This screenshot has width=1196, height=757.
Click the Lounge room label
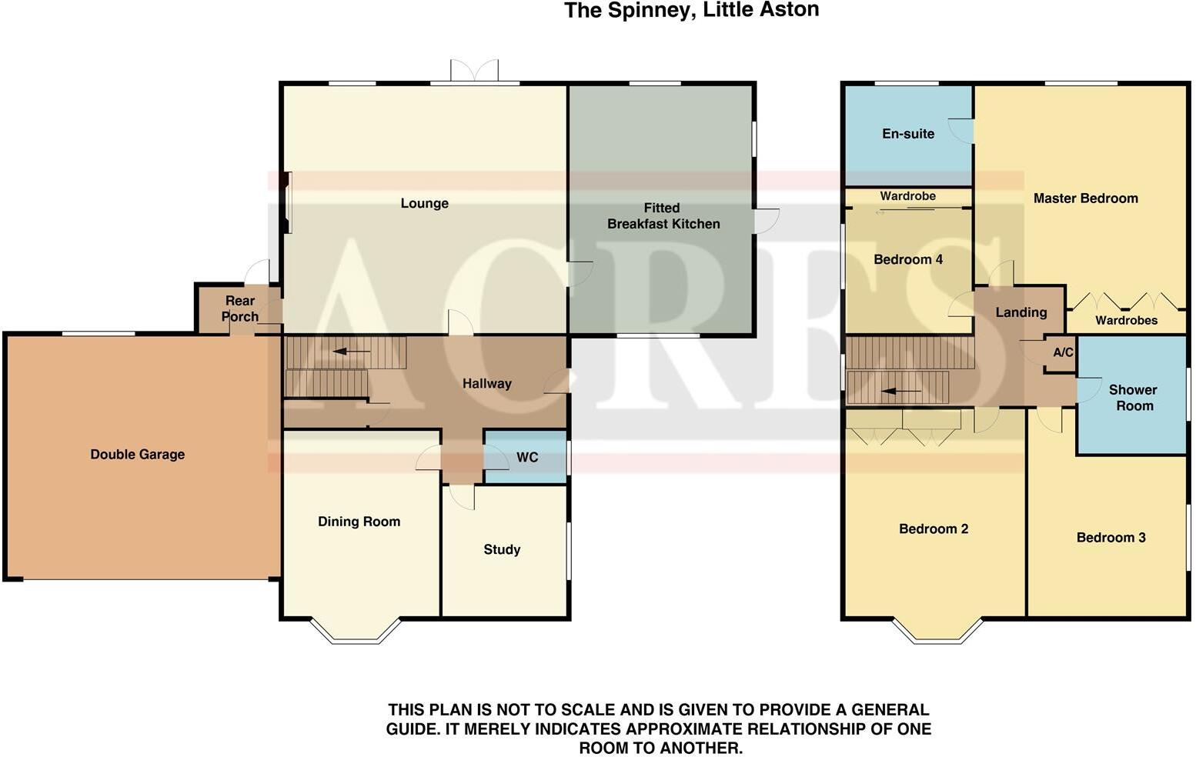(424, 203)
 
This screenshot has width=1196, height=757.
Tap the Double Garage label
(137, 454)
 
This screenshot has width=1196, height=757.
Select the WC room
(526, 458)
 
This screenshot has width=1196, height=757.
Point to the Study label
(502, 549)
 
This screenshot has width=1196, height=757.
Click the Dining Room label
(359, 522)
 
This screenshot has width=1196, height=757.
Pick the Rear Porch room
(239, 308)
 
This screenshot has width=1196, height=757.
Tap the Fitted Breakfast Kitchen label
(663, 216)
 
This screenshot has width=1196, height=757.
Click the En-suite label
(908, 134)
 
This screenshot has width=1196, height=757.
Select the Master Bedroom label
(1085, 198)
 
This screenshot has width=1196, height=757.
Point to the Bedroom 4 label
(908, 259)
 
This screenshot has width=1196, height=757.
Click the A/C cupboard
(1063, 353)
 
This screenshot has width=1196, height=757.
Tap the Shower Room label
(1134, 398)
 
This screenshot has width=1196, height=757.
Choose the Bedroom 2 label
(934, 529)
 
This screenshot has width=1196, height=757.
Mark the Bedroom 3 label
(1111, 538)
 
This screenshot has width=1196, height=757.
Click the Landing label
(1021, 312)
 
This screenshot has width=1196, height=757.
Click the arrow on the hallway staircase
(350, 352)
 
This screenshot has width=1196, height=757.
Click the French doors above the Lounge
(474, 72)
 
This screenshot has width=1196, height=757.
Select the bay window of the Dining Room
(356, 632)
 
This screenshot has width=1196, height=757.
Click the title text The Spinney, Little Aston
(691, 11)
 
